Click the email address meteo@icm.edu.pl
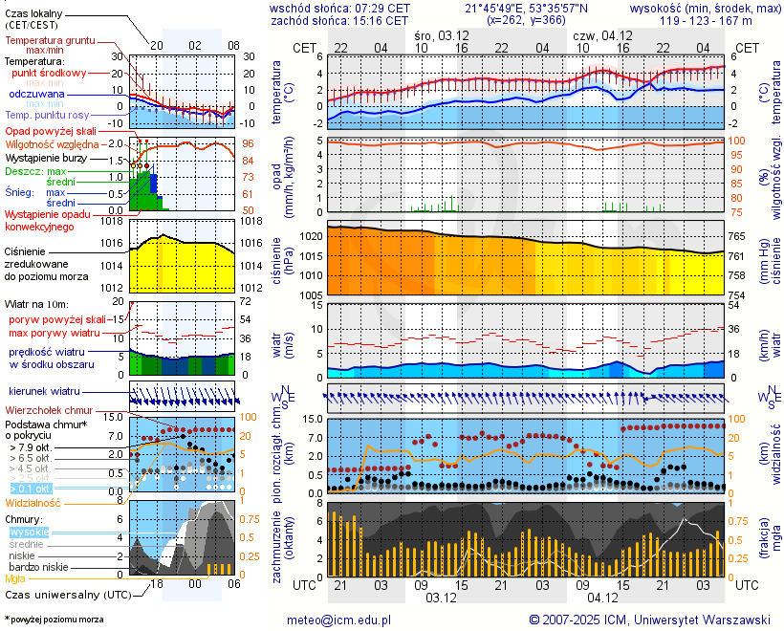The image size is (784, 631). [x=339, y=620]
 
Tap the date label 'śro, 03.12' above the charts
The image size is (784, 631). [x=442, y=34]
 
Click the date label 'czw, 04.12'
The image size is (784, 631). [x=600, y=34]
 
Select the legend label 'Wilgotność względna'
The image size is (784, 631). [x=59, y=143]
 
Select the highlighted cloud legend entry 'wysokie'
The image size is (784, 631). [x=29, y=532]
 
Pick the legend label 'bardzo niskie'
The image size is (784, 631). [x=38, y=567]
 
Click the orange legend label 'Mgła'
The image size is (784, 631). [x=15, y=578]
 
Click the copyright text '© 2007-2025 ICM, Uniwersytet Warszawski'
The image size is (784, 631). [x=649, y=620]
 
